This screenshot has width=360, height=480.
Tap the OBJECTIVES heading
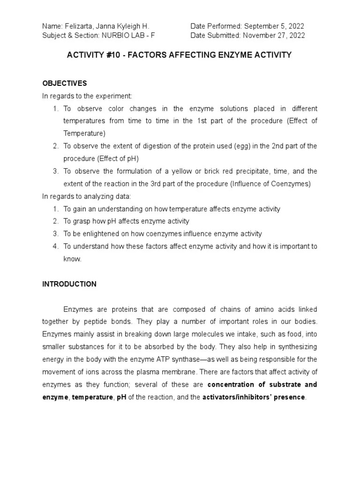coord(65,83)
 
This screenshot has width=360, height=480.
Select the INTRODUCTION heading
coord(69,284)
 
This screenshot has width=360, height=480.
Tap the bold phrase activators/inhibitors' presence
coord(254,397)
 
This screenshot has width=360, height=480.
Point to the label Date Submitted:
coord(215,35)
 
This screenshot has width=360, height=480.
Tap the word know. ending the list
coord(73,258)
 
